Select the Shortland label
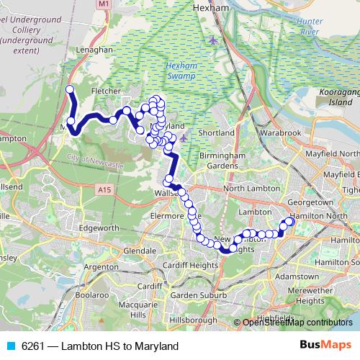pos(217,133)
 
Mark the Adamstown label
pos(297,276)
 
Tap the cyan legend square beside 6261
pos(11,346)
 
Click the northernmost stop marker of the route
pos(70,89)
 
